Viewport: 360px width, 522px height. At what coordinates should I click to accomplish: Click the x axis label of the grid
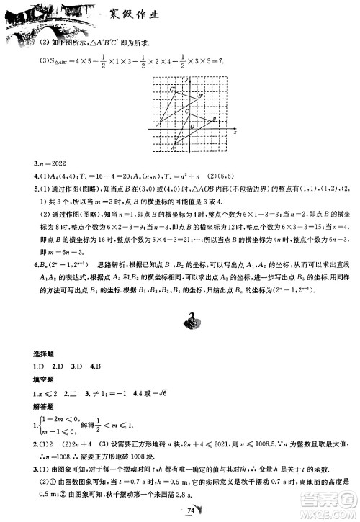[235, 133]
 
